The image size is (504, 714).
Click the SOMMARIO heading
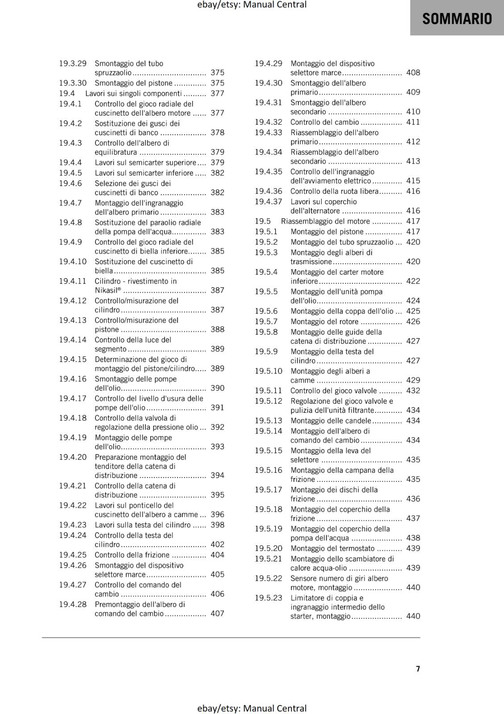(457, 19)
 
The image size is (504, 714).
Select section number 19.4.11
(73, 281)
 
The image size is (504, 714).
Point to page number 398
(217, 525)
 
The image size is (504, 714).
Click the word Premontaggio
(117, 604)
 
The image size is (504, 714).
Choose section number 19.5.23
(269, 598)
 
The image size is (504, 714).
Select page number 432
(413, 390)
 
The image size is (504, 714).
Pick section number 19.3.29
(73, 63)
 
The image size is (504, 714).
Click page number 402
(217, 544)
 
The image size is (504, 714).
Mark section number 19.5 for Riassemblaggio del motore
(263, 221)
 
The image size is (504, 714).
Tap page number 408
(413, 72)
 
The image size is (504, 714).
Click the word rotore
(349, 321)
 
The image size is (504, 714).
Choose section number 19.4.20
(73, 457)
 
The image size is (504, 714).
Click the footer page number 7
(418, 668)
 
